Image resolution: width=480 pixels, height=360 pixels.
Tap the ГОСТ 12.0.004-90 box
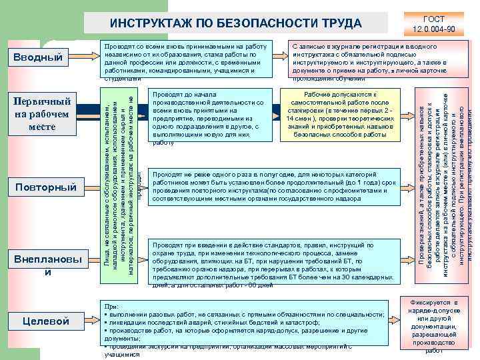[433, 23]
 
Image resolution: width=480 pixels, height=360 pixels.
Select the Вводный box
[42, 59]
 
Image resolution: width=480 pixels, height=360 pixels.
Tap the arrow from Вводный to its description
[85, 59]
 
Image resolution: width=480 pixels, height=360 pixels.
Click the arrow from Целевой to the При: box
[85, 321]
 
